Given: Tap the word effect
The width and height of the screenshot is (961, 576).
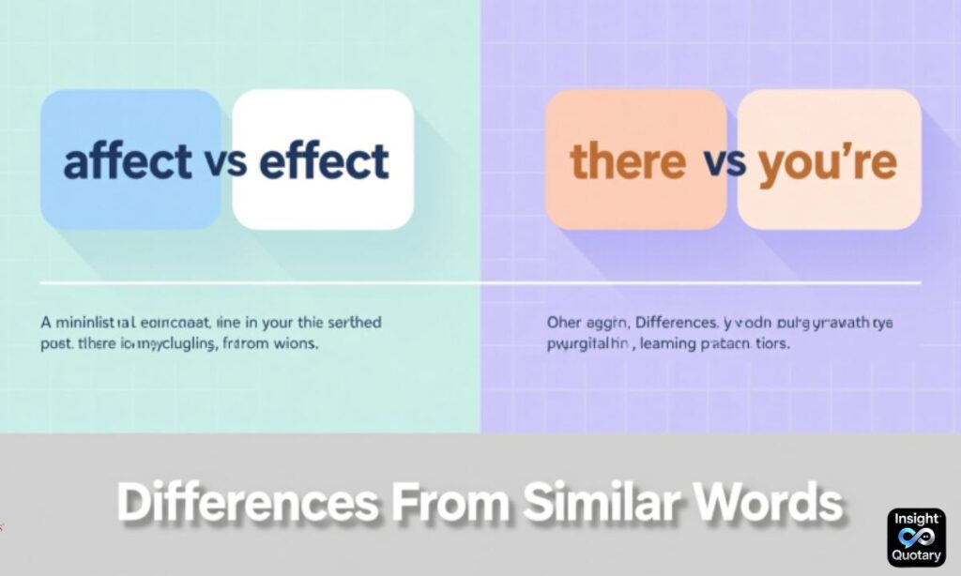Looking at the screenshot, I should tap(323, 161).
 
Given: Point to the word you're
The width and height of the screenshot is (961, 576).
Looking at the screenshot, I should tap(828, 161).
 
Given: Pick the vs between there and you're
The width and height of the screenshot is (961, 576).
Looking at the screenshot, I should tap(724, 162).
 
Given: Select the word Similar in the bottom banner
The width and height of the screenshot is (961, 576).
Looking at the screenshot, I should tap(603, 504).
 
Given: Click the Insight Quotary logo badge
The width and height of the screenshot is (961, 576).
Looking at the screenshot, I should tap(916, 538).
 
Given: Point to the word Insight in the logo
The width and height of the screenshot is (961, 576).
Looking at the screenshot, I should tap(916, 519).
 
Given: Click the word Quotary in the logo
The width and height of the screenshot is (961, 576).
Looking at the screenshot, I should tap(916, 555).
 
